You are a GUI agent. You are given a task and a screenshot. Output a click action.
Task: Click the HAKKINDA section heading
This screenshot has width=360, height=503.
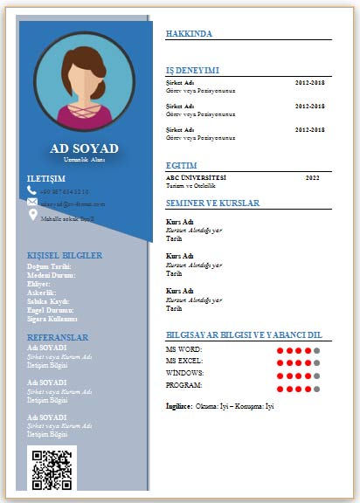point(189,33)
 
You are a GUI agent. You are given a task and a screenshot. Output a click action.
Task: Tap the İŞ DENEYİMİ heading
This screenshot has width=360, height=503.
point(192,70)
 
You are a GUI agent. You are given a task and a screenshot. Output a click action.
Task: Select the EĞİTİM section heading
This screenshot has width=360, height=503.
point(181,165)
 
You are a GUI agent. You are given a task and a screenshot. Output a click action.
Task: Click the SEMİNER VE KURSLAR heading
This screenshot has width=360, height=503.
point(212,203)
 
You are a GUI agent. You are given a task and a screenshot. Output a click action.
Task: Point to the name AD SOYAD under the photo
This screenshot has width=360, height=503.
point(84,148)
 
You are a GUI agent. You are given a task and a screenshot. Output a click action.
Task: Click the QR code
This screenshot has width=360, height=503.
point(52,469)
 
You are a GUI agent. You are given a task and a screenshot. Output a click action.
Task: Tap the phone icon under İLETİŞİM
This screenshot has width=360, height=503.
point(32,190)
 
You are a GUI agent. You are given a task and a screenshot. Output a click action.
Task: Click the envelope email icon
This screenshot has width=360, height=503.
point(32,202)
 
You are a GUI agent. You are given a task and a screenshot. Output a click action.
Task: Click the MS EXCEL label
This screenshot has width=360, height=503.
point(184,361)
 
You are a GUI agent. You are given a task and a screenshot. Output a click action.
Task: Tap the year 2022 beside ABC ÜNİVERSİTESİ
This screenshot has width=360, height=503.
point(312,176)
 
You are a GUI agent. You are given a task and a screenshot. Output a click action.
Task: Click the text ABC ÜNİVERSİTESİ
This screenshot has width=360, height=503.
point(196,176)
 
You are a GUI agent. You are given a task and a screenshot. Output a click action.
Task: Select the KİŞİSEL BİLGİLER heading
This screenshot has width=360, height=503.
point(65,255)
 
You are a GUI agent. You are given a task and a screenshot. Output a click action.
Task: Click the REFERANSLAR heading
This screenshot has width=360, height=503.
point(58,336)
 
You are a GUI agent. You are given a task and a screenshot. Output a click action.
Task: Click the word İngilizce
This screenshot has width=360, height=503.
point(179,406)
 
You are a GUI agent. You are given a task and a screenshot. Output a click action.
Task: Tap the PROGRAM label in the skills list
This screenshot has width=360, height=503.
point(184,385)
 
